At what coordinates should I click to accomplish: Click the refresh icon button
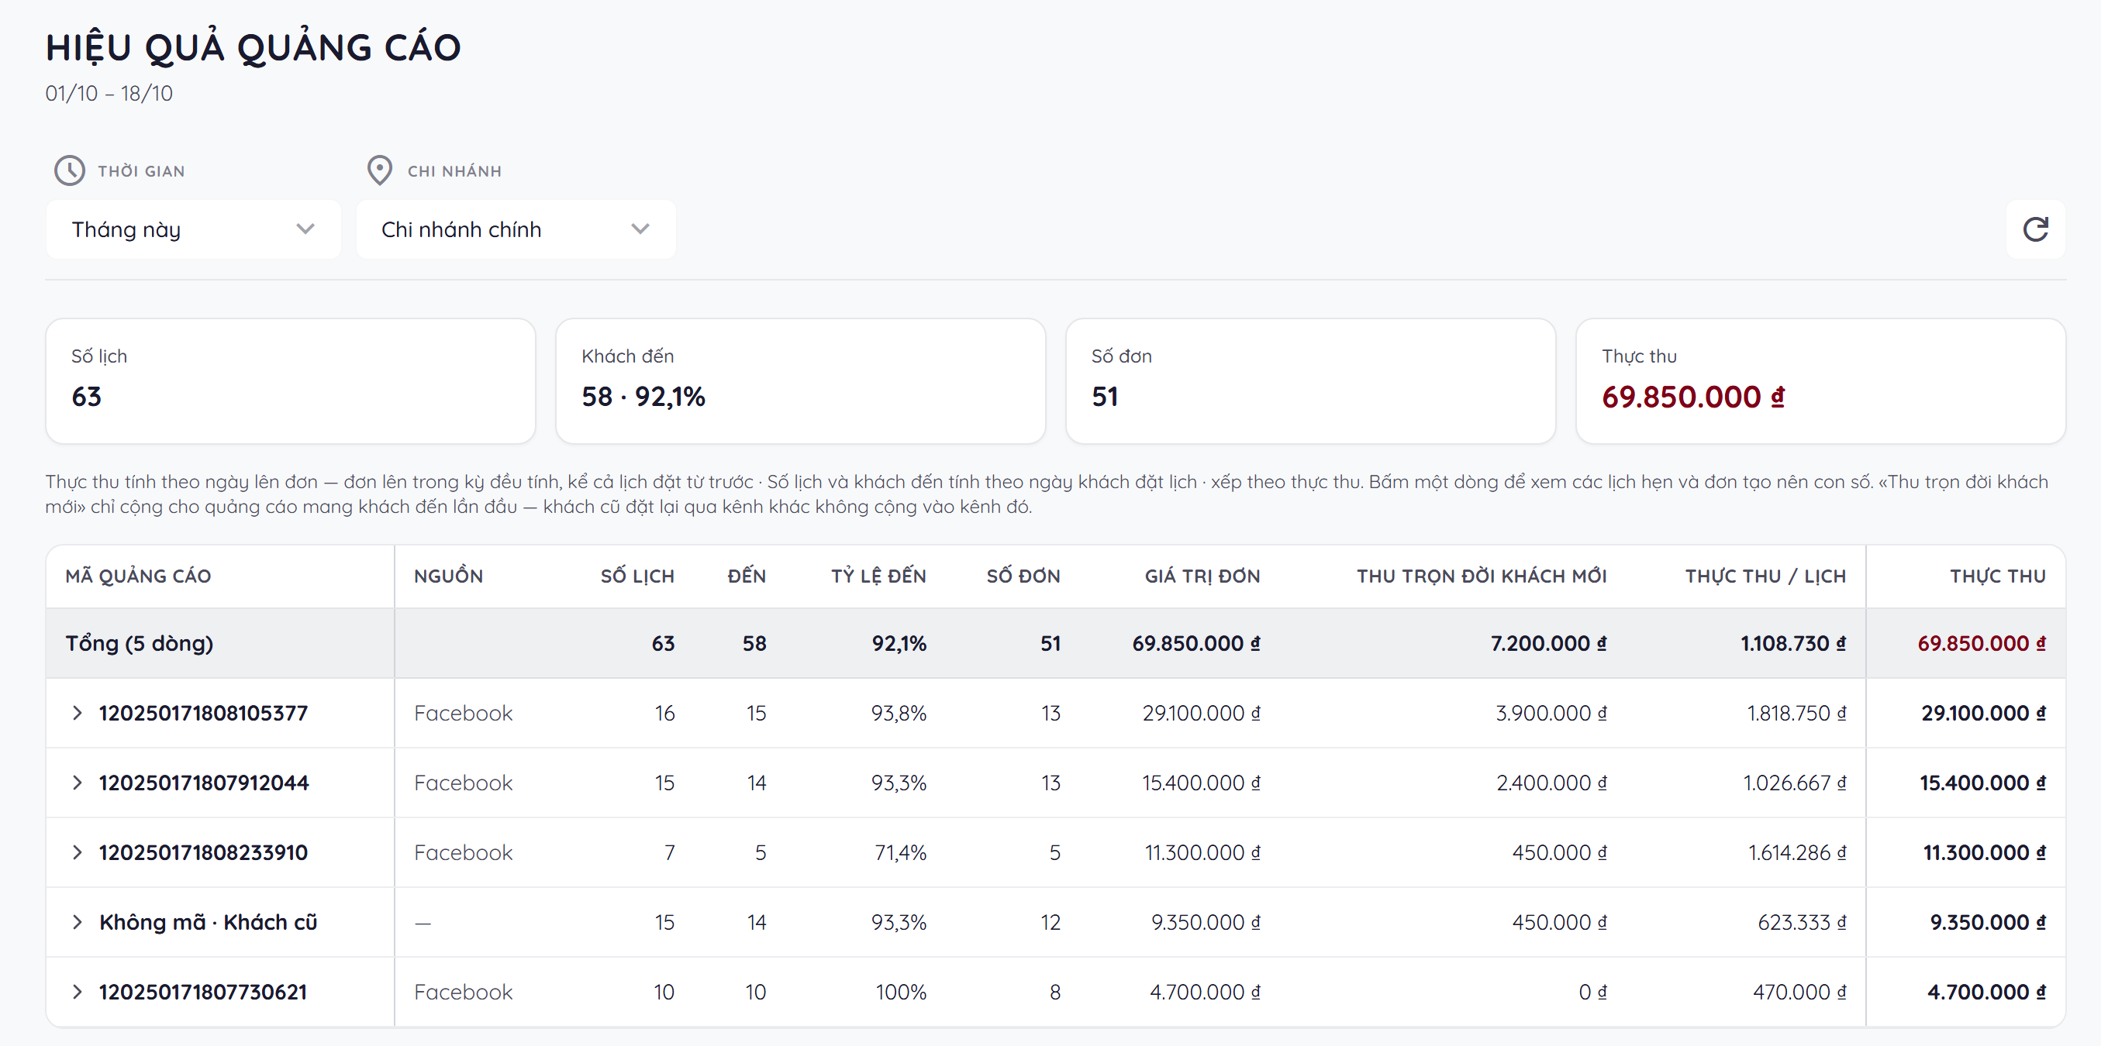click(2035, 229)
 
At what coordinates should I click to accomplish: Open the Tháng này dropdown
click(193, 229)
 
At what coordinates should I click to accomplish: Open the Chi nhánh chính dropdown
click(516, 229)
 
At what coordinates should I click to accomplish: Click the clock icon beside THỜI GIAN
click(69, 170)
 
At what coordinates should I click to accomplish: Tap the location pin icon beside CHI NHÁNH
click(379, 170)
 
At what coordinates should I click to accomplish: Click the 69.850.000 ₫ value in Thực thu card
click(1693, 397)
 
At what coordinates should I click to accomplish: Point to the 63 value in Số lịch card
click(87, 397)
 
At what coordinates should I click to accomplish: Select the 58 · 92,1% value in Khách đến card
click(643, 397)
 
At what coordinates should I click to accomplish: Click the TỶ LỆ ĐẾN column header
click(878, 576)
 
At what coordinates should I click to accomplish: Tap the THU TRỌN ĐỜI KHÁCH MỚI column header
click(1481, 576)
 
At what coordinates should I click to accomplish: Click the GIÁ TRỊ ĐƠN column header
click(1202, 576)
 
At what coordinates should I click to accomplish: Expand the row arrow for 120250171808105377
click(78, 714)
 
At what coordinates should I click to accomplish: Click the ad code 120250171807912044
click(204, 783)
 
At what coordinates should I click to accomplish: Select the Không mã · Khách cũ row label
click(208, 922)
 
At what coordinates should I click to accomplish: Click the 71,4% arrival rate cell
click(900, 853)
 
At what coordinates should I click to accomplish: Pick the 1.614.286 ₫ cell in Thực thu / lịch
click(1797, 853)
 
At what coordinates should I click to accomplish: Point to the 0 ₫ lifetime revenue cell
click(1592, 993)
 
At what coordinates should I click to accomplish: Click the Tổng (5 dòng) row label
click(140, 643)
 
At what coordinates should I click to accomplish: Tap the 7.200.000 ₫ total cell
click(1548, 643)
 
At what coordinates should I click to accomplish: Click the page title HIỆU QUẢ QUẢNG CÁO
click(254, 47)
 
